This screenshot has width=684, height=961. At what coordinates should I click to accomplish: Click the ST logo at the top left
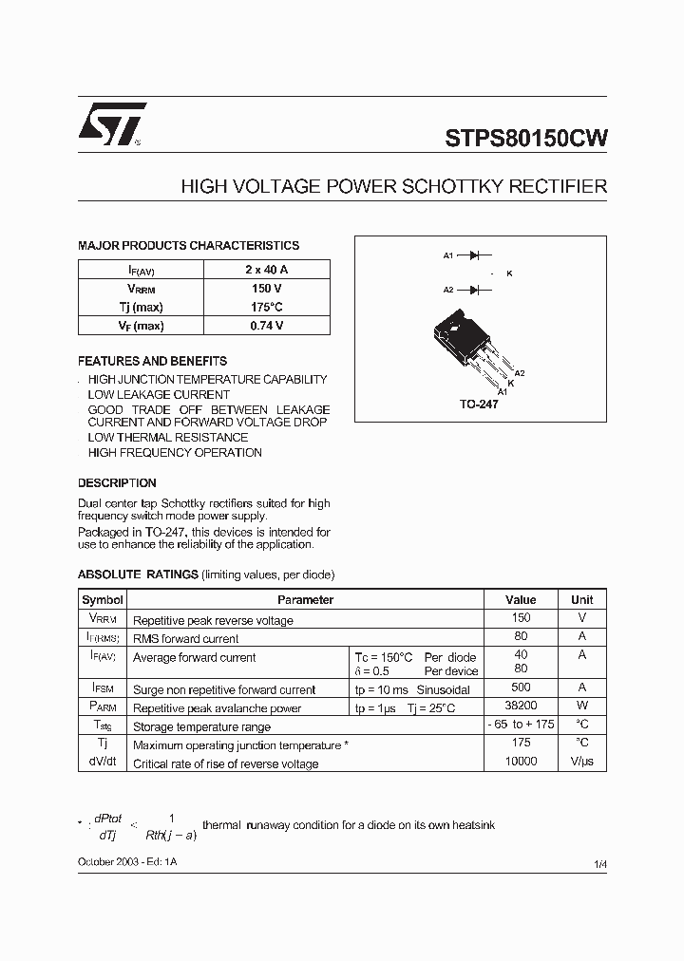111,124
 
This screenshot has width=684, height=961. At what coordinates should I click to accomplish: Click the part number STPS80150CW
525,137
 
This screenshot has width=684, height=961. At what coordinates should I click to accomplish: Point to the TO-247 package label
479,404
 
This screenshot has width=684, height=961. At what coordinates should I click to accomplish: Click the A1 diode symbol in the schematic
474,255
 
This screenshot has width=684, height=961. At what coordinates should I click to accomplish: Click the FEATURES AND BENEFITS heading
152,361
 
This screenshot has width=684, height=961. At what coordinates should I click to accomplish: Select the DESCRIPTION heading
117,482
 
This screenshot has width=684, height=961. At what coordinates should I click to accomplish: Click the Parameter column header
305,599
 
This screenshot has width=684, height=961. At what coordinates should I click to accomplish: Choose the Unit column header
581,599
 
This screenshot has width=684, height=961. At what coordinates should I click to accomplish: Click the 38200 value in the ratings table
521,707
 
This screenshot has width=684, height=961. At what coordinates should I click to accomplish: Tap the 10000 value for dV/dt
521,762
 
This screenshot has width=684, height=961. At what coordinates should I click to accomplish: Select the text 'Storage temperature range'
200,726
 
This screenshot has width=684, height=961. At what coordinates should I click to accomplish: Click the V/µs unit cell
581,762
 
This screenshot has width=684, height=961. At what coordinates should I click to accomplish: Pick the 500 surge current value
521,688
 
